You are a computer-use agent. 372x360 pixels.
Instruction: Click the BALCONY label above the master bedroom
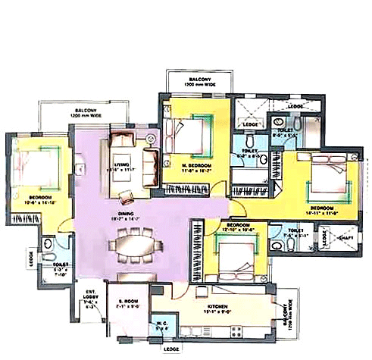[196, 80]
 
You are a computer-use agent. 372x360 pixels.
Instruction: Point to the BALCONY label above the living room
[84, 113]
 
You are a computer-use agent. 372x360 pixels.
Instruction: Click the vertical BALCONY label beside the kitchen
[287, 318]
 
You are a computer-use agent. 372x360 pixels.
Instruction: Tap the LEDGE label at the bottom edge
[172, 349]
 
